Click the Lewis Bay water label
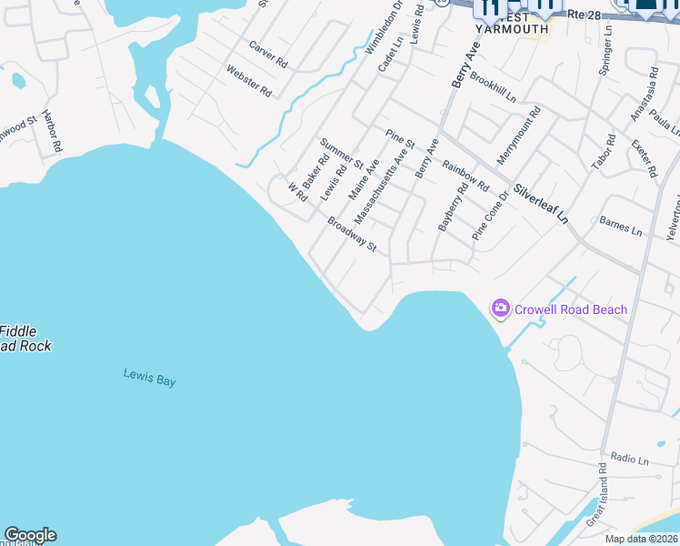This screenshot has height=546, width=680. (149, 376)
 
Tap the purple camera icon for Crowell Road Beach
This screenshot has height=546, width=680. (500, 309)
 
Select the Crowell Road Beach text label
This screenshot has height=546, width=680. (571, 309)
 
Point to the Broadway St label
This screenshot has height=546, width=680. (352, 234)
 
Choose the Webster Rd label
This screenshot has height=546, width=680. (249, 80)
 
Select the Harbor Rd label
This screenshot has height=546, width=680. (52, 134)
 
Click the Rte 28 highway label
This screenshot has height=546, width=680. (585, 15)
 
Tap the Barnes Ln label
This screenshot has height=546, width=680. (620, 226)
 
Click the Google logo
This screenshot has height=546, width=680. (30, 535)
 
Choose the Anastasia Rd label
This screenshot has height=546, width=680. (644, 94)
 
